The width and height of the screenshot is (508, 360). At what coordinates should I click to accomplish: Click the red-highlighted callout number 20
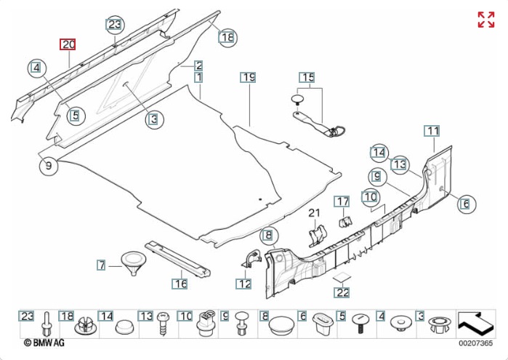coord(68,44)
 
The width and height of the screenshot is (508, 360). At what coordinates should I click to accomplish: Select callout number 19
coord(249,77)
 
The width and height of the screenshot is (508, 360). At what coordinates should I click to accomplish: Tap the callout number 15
coord(307,77)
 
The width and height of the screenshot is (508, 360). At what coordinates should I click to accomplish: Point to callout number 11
coord(432,131)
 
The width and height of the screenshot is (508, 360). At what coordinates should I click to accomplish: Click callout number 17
coord(342,201)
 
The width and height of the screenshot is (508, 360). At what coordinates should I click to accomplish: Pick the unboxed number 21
coord(314,212)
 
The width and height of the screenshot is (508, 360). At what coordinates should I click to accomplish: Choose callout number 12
coord(243,284)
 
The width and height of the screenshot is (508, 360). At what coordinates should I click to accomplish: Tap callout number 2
coord(198,65)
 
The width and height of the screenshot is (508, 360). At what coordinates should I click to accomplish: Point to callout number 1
coord(198,77)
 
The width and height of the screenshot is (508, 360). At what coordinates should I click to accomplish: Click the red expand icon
coord(485,20)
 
